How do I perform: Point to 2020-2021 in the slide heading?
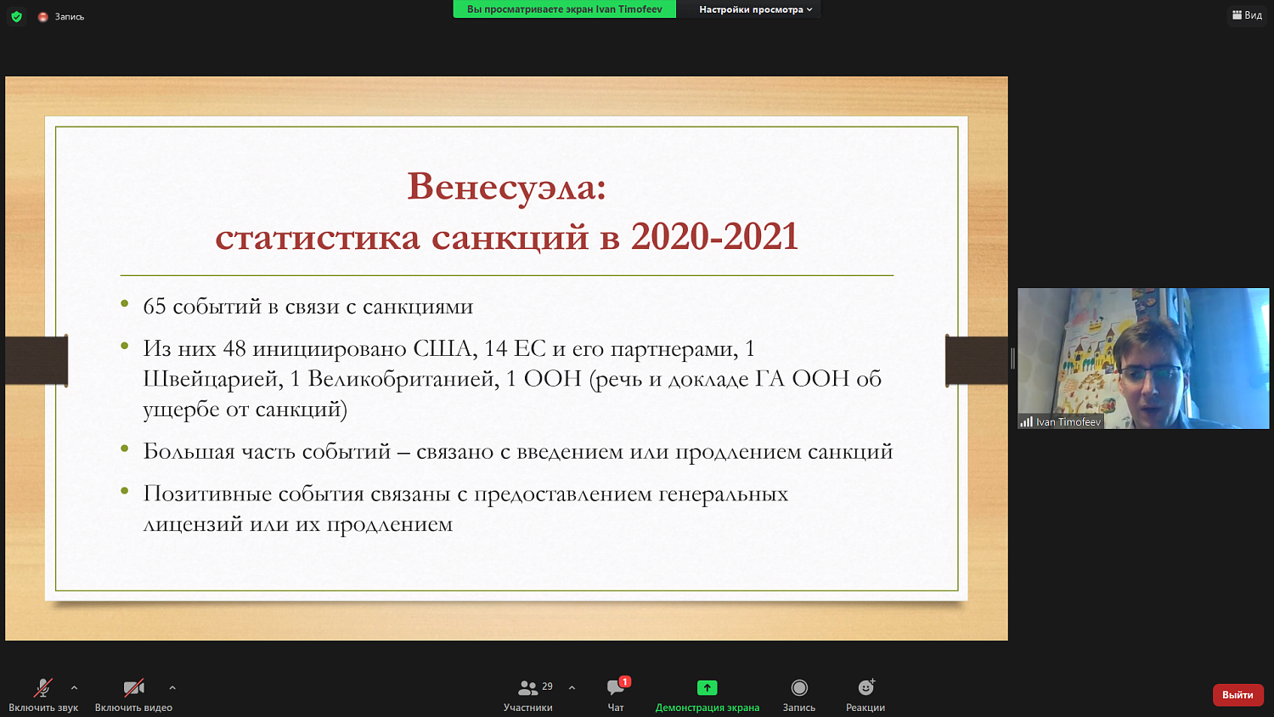[x=714, y=237]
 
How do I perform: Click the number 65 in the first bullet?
[x=155, y=307]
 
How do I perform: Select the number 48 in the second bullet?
[x=234, y=349]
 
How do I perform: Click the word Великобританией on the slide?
[x=403, y=379]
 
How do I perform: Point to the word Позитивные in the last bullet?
[x=211, y=494]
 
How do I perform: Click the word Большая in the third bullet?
[x=189, y=452]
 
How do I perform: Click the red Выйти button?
[x=1237, y=695]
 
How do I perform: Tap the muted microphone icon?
[x=43, y=687]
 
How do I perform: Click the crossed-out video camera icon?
[x=133, y=687]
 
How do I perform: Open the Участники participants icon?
[x=527, y=687]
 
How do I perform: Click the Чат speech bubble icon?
[x=616, y=687]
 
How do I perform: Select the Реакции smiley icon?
[x=865, y=687]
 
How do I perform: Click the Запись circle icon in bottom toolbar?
[x=799, y=687]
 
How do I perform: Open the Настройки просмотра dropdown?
[x=755, y=9]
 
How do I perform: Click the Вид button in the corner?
[x=1247, y=15]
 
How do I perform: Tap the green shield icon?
[x=16, y=16]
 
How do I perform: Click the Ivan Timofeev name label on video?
[x=1068, y=422]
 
